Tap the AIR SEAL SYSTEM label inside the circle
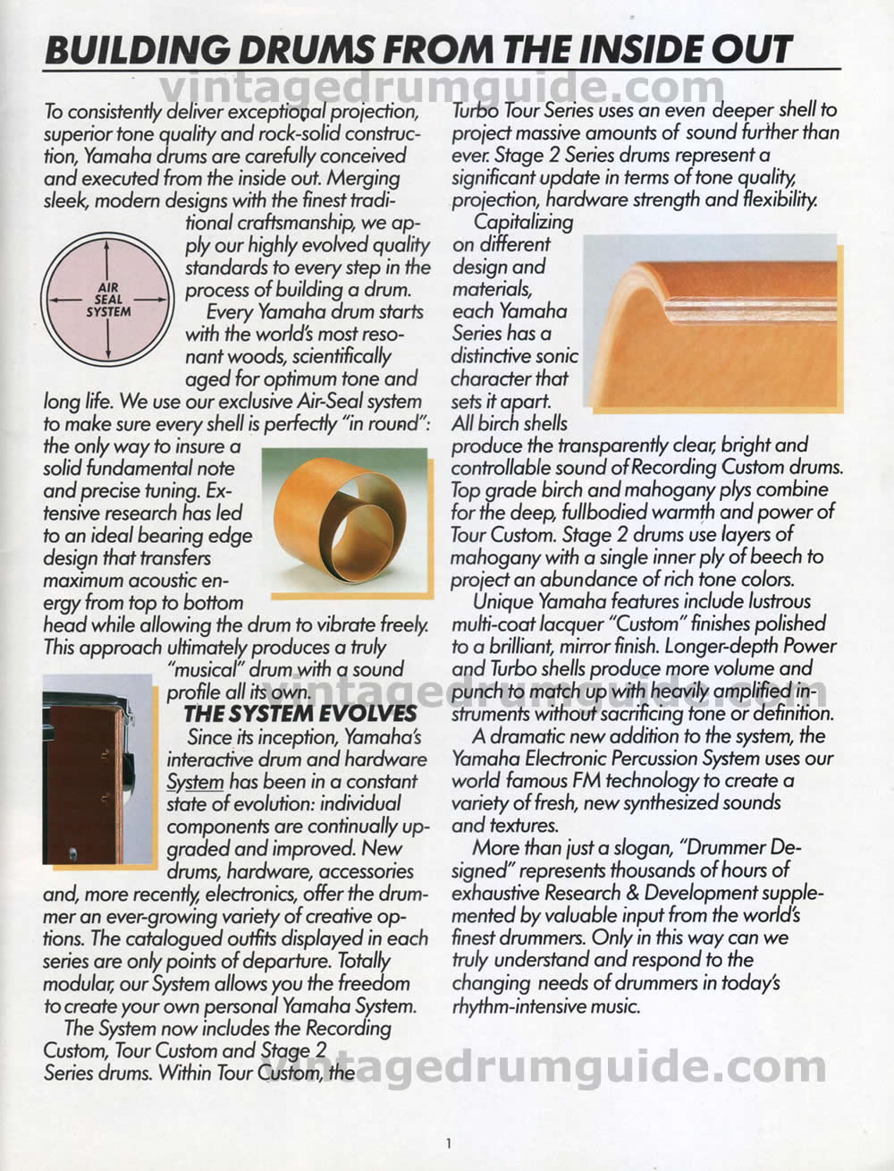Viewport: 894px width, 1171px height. (108, 300)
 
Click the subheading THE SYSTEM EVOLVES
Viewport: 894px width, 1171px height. (300, 713)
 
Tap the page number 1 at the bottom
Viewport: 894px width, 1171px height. (448, 1142)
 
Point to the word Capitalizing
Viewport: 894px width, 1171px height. (523, 222)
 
